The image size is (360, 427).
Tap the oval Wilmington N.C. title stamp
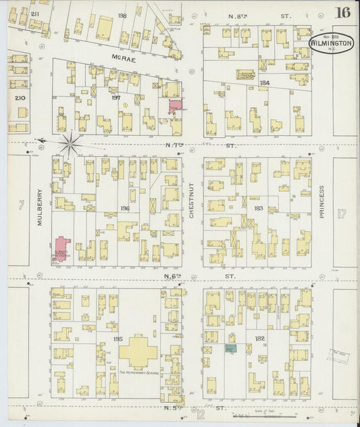(x=331, y=44)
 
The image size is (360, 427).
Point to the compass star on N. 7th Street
(x=70, y=143)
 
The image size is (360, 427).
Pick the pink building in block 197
(x=175, y=106)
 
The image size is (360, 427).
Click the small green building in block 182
(x=230, y=349)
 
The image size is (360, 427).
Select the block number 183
(x=258, y=208)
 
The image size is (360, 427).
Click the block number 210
(x=19, y=98)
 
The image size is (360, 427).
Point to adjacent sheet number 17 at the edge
(x=341, y=214)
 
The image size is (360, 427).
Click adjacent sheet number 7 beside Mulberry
(x=21, y=204)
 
